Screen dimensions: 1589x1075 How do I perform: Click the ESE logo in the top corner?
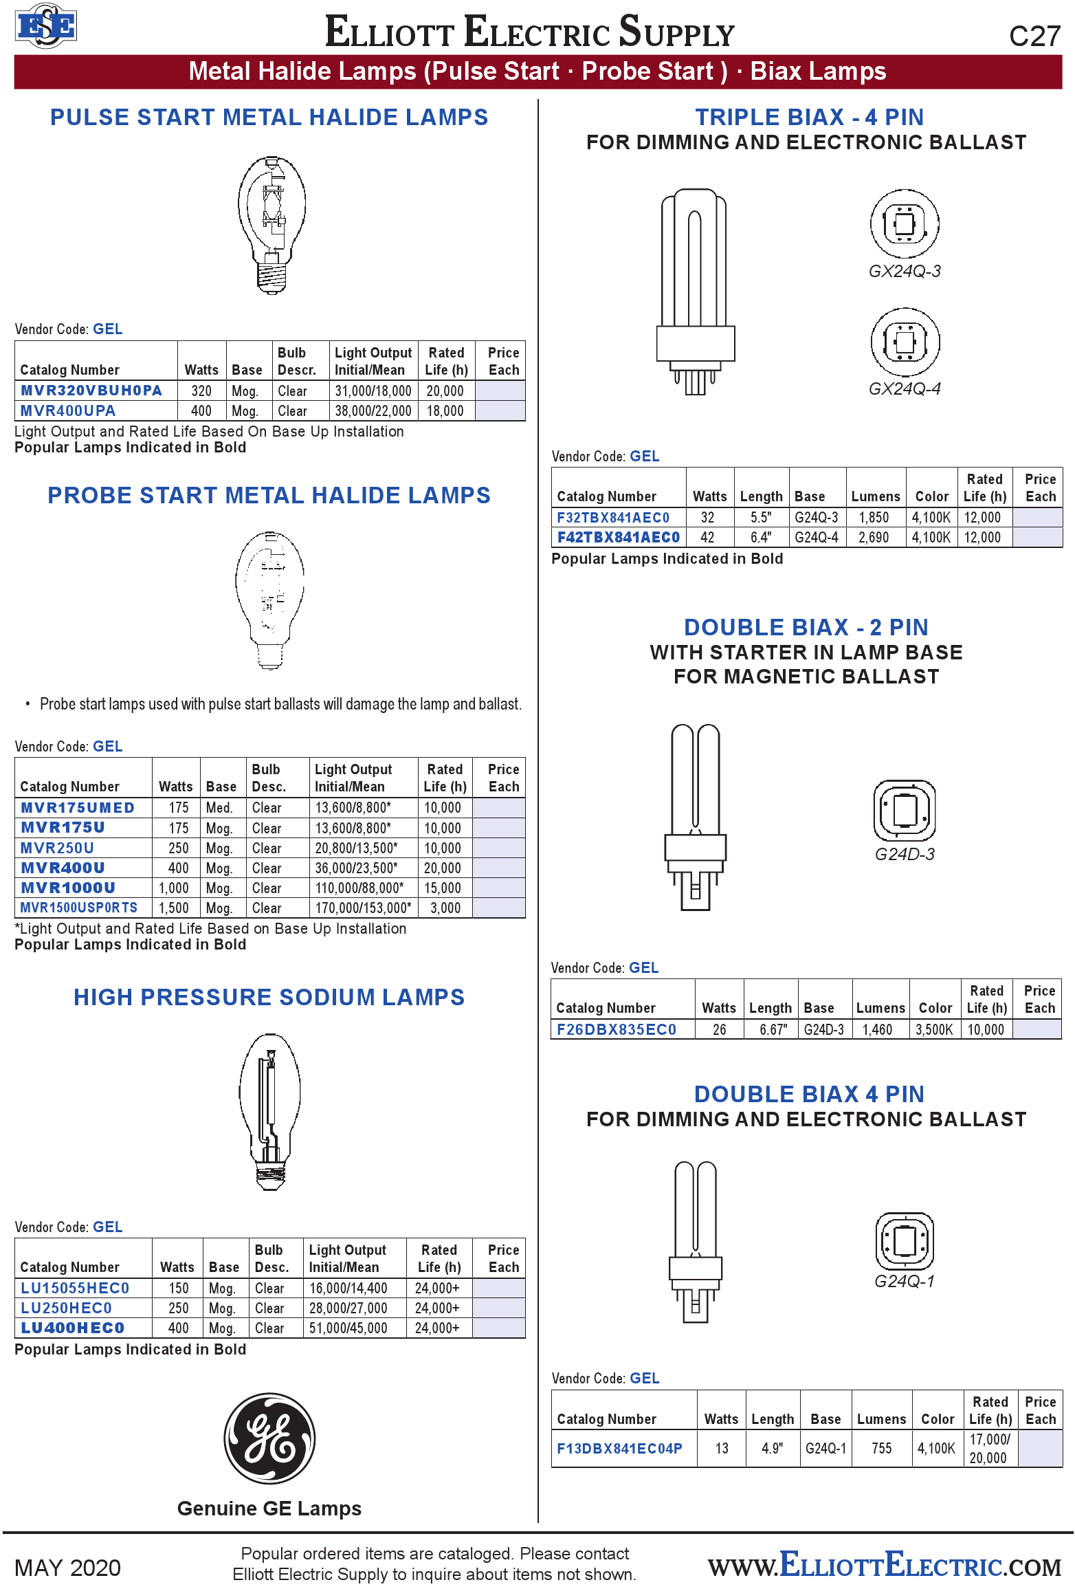pos(45,26)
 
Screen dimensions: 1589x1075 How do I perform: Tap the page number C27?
pos(1034,36)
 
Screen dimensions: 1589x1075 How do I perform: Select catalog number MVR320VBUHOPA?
pos(91,391)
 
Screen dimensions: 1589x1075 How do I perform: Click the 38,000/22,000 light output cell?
pos(373,411)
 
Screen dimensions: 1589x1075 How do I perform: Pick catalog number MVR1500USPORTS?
pos(79,908)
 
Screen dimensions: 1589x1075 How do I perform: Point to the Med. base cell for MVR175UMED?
pos(220,808)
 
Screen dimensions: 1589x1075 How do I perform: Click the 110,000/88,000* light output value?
pos(359,888)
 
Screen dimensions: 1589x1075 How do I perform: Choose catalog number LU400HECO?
pos(73,1328)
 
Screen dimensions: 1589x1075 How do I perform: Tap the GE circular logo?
pos(269,1438)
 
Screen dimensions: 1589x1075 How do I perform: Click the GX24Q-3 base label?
pos(905,271)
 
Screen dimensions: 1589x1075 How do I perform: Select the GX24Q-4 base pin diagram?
pos(905,342)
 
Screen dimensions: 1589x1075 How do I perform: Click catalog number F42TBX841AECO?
pos(619,537)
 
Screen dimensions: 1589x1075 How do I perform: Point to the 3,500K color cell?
pos(934,1029)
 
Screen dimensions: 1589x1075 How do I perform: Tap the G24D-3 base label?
pos(905,854)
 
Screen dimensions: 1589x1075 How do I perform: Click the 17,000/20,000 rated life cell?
pos(989,1448)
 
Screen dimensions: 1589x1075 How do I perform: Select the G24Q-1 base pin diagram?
pos(905,1241)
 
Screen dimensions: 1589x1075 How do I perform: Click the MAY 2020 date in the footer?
pos(67,1567)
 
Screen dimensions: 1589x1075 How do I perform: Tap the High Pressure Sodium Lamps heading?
pos(269,997)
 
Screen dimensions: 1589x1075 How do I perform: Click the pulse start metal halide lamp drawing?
pos(271,225)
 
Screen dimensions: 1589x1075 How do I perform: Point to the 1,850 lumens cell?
pos(874,517)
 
